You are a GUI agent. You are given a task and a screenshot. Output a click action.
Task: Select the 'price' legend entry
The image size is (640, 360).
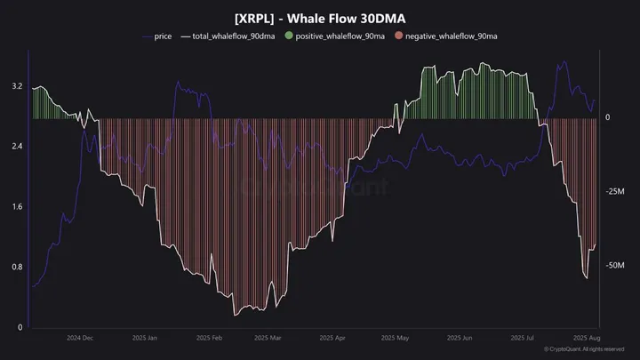point(163,37)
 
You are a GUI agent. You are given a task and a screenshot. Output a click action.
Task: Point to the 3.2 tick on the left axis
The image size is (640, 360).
point(17,86)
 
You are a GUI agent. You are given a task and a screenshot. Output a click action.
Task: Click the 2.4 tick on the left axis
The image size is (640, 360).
point(17,147)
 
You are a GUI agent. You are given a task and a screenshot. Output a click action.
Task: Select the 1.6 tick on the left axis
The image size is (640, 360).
point(17,207)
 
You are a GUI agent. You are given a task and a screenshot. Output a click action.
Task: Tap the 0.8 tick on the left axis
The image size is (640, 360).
point(17,268)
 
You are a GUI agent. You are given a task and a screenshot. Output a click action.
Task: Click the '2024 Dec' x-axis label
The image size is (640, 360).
point(82,339)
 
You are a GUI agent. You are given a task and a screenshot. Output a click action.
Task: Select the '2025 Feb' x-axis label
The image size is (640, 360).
point(208,339)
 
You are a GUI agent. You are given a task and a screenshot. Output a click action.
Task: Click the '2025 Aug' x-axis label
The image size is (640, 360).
point(586,339)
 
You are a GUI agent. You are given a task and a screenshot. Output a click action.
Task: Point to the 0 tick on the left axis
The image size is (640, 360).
point(20,328)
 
